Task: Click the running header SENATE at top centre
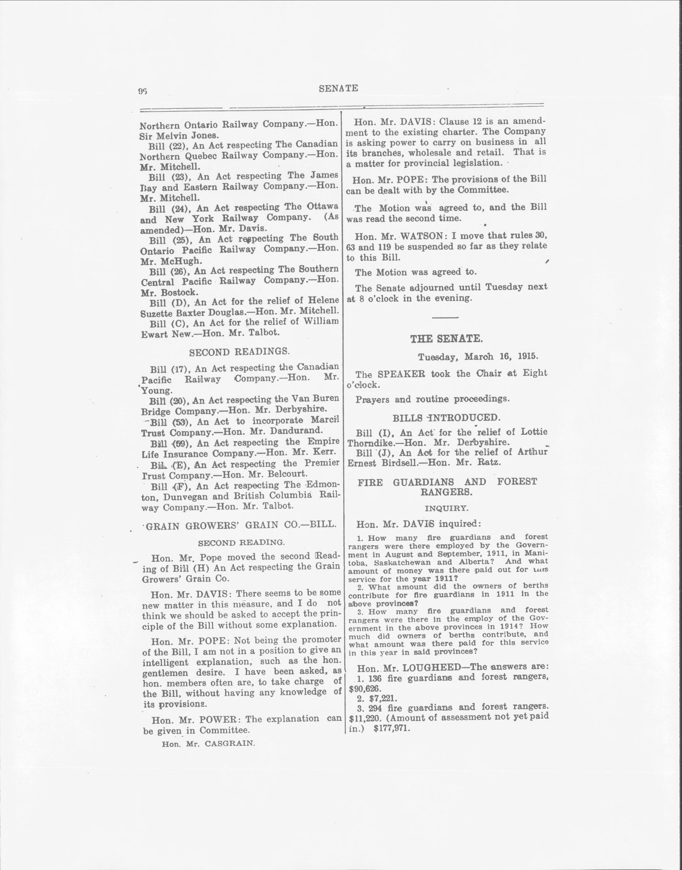tap(338, 89)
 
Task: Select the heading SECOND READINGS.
tap(239, 352)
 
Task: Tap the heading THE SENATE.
tap(446, 339)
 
